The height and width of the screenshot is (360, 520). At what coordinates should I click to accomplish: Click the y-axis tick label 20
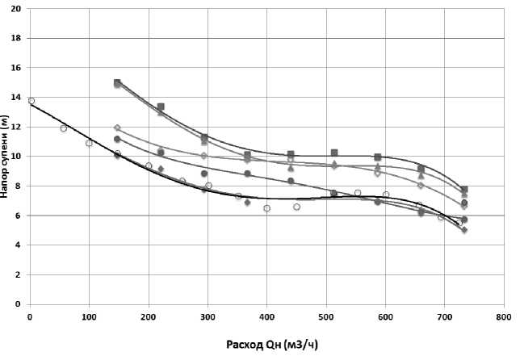(x=17, y=8)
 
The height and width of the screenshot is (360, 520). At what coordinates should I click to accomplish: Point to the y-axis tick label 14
(x=17, y=97)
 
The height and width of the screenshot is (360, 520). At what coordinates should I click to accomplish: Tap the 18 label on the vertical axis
(x=17, y=38)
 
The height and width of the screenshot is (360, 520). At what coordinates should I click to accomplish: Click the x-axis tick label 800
(x=503, y=317)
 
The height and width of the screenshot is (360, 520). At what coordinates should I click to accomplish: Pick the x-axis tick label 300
(x=208, y=317)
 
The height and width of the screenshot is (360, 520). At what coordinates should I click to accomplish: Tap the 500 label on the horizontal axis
(x=325, y=317)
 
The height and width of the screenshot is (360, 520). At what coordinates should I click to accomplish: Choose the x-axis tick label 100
(x=89, y=317)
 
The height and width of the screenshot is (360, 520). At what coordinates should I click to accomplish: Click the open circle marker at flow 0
(x=31, y=101)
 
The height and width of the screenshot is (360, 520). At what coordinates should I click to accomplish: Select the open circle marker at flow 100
(x=89, y=143)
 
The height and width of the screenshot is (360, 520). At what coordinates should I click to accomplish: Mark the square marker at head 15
(x=117, y=83)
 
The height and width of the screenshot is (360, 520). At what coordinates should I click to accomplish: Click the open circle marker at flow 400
(x=266, y=208)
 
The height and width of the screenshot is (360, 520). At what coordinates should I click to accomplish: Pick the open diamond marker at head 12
(x=117, y=128)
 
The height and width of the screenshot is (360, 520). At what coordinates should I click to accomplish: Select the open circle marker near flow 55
(x=63, y=128)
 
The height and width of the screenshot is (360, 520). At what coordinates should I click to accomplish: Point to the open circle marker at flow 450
(x=296, y=207)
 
